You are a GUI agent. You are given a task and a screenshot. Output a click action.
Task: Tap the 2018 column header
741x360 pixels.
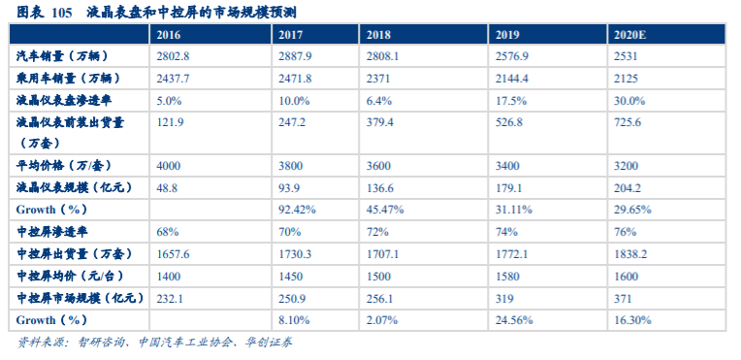(x=378, y=35)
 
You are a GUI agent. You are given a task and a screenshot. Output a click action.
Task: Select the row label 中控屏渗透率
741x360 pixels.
(x=52, y=232)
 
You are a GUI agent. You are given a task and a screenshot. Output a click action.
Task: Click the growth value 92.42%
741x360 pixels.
(x=298, y=209)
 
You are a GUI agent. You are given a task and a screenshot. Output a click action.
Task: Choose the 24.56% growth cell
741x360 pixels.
(x=515, y=319)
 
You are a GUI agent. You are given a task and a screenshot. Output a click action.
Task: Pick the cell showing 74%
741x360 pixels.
(x=504, y=232)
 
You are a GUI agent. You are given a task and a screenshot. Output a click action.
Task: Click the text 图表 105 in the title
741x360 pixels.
(x=45, y=12)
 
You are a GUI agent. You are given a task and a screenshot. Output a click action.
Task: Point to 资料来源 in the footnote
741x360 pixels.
(x=36, y=343)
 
